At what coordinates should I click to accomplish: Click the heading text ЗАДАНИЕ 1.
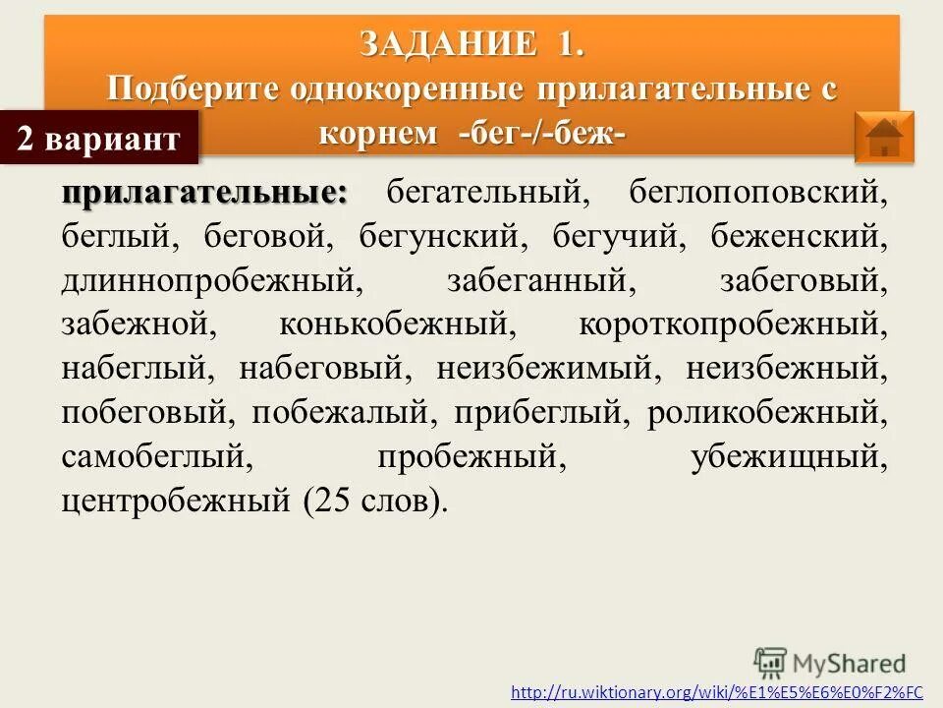tap(471, 43)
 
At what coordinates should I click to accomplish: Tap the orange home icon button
tap(884, 137)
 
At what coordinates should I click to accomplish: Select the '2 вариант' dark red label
tap(98, 139)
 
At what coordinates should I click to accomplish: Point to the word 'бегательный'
tap(486, 194)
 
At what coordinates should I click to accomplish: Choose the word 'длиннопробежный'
tap(207, 282)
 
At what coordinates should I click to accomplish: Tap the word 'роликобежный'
tap(767, 414)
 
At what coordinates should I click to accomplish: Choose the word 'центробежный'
tap(176, 502)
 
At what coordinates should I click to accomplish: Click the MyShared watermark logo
tap(830, 662)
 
